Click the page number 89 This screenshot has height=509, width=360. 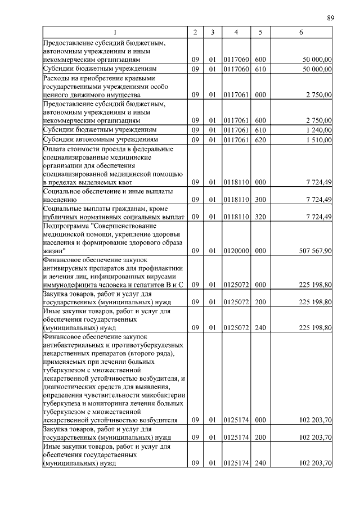(x=331, y=18)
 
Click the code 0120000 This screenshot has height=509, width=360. (x=236, y=251)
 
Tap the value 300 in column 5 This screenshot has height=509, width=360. (x=260, y=200)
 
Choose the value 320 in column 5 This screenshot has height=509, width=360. (x=260, y=217)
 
